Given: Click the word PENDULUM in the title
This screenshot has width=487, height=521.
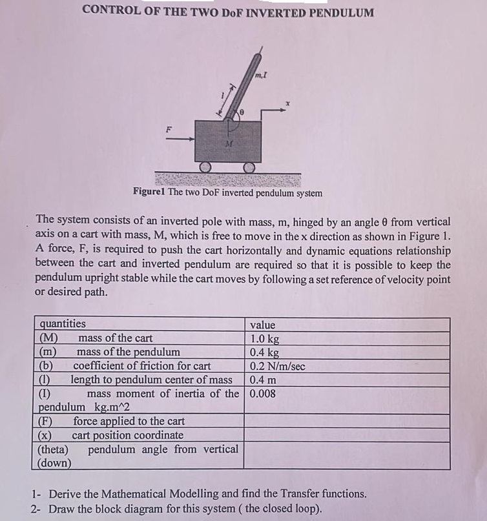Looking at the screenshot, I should [338, 12].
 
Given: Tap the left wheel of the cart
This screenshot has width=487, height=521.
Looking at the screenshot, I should [205, 167].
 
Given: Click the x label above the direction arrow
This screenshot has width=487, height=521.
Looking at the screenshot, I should [291, 103].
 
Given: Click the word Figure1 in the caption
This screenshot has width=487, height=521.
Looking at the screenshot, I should [149, 192].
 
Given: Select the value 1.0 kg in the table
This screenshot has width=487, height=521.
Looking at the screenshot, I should [265, 338].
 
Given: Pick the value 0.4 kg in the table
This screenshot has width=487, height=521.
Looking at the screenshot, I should [265, 352].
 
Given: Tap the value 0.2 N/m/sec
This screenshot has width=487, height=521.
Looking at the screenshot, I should [278, 366].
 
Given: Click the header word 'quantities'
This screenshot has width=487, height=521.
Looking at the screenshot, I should [63, 324].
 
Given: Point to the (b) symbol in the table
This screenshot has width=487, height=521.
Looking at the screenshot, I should [46, 366].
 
